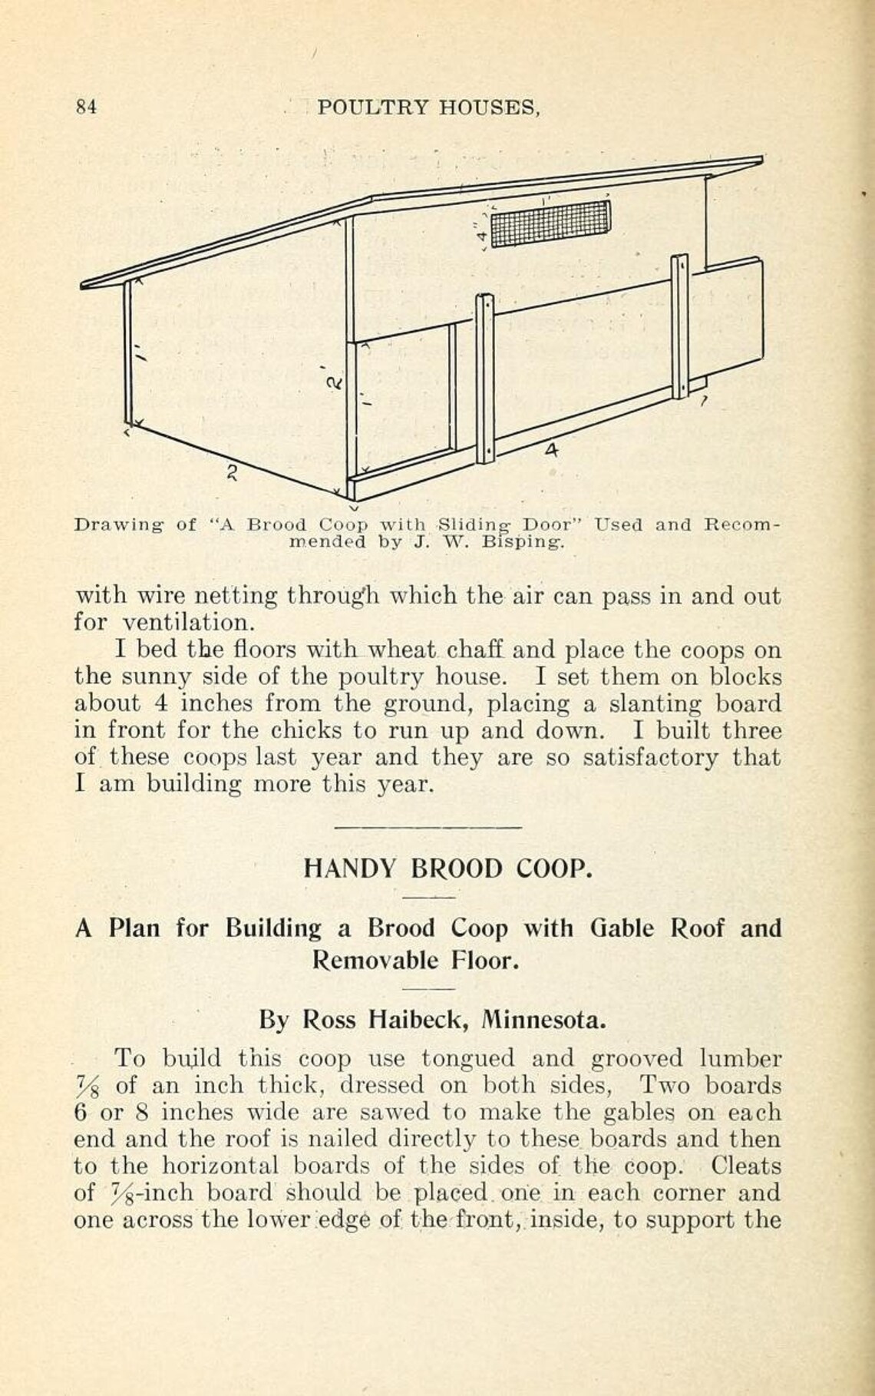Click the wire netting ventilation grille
[x=550, y=222]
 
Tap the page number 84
[x=85, y=108]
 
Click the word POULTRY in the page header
[x=373, y=108]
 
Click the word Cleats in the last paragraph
[x=745, y=1166]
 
